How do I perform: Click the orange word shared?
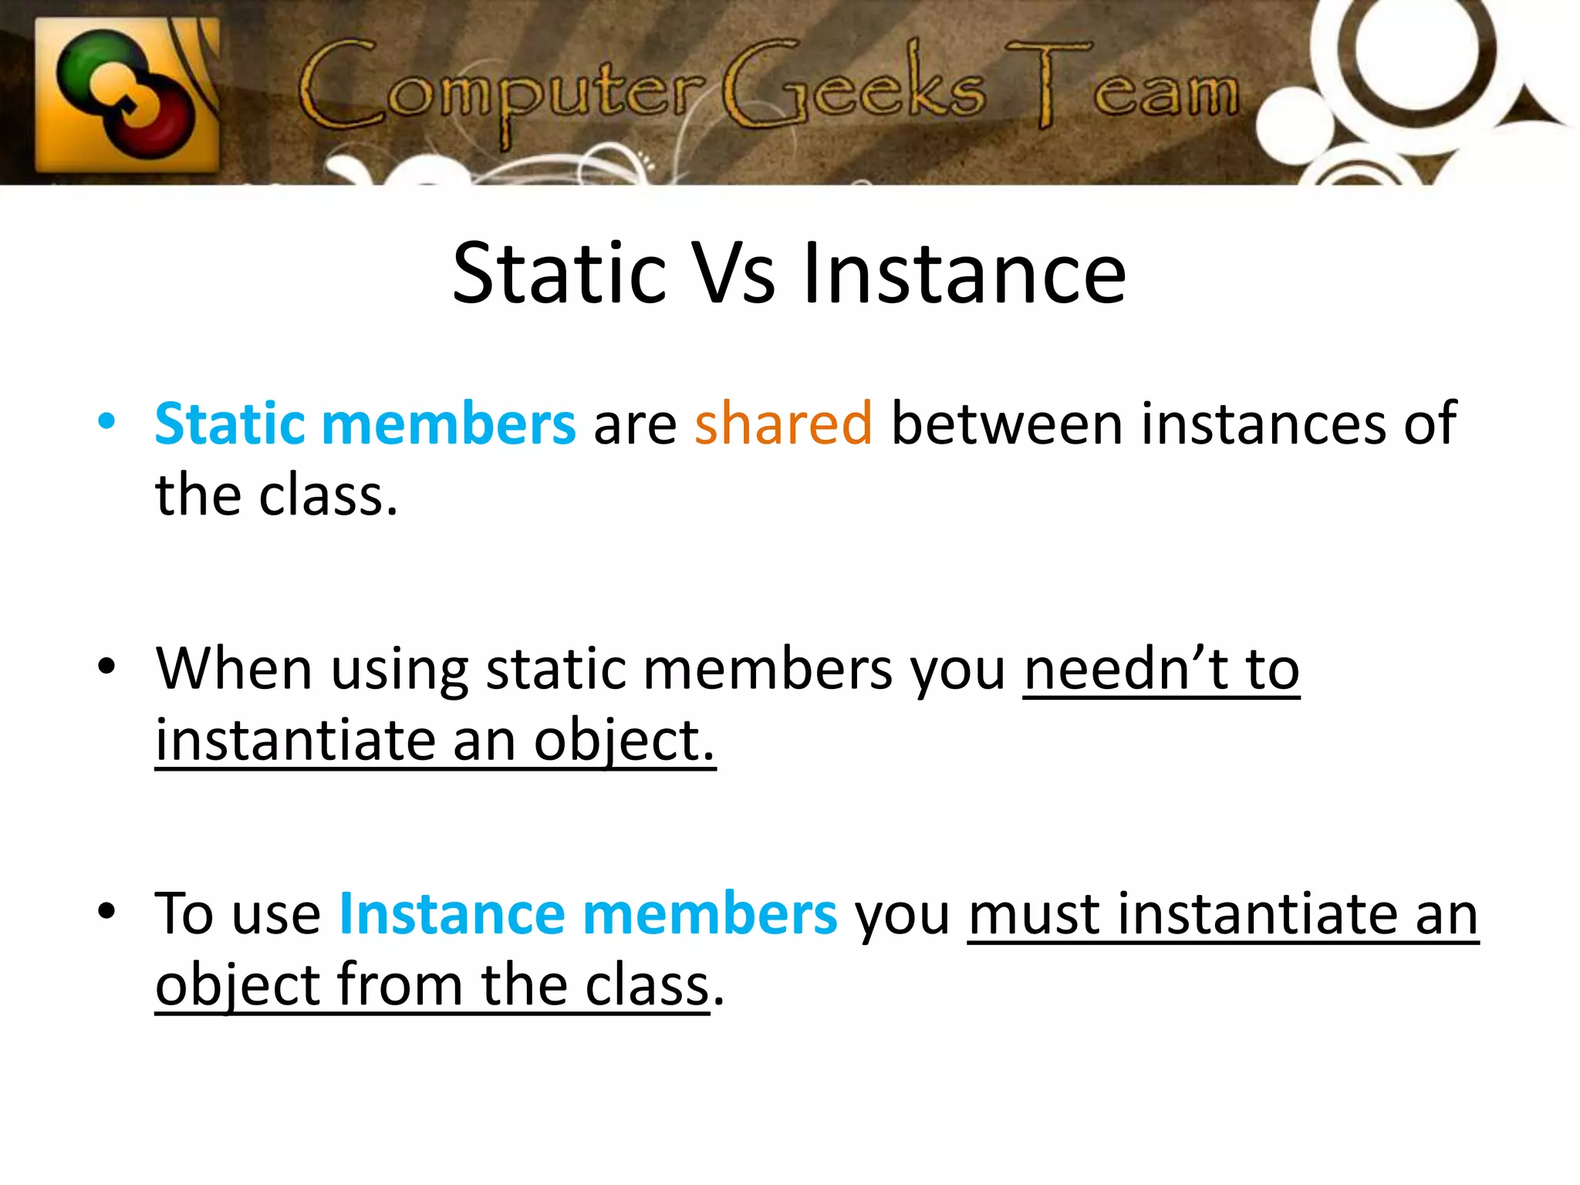(783, 424)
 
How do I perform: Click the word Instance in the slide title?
(964, 273)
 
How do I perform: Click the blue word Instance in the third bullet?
(451, 913)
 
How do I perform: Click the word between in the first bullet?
(1007, 424)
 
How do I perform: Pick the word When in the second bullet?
(234, 669)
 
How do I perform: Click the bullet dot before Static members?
(106, 422)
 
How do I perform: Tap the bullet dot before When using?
(106, 667)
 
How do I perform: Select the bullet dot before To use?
(106, 911)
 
